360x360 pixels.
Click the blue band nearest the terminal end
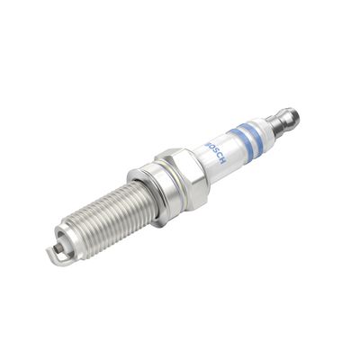pos(258,139)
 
